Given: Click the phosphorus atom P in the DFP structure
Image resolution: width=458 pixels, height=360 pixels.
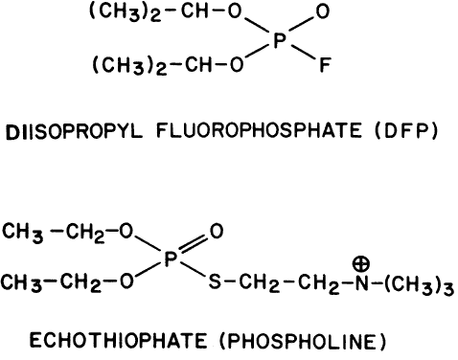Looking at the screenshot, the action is click(280, 41).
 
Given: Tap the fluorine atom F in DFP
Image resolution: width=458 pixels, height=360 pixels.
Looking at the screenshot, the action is click(325, 65).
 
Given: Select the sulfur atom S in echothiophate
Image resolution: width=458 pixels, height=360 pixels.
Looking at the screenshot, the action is click(215, 282).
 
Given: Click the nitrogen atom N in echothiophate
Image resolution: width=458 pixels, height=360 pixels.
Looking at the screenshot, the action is click(362, 282).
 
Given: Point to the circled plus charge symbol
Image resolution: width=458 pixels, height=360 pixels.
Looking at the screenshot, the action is click(361, 263).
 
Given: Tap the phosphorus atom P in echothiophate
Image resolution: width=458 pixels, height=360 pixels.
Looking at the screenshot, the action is click(171, 259).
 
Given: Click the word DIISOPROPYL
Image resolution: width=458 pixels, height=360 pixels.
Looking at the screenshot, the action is click(74, 131).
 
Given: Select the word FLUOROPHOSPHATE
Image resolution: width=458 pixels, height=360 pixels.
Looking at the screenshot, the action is click(259, 130).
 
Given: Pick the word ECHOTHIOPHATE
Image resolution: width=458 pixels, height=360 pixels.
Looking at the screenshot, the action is click(119, 340).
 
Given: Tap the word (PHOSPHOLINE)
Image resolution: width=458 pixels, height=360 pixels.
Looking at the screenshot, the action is click(303, 342).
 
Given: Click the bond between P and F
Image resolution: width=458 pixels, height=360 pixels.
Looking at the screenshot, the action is click(303, 53).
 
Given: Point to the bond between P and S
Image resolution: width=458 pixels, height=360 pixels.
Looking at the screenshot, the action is click(193, 269).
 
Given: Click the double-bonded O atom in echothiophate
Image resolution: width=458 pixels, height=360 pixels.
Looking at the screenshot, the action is click(217, 231).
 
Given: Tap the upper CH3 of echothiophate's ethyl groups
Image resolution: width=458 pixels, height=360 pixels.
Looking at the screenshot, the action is click(23, 233).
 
